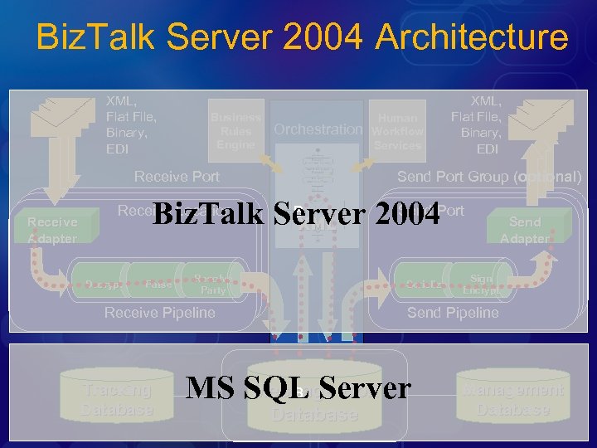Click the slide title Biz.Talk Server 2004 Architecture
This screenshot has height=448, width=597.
(x=303, y=37)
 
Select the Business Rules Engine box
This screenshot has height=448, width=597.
(x=235, y=131)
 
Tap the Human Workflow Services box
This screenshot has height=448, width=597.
(x=397, y=131)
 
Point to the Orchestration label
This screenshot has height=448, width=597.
(x=318, y=129)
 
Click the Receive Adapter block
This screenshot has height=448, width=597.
(x=51, y=230)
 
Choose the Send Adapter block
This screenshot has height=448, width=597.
(x=525, y=230)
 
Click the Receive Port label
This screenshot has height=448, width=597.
(x=177, y=177)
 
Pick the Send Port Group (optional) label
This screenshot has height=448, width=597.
(x=489, y=177)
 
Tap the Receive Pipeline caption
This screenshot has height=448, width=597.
(x=159, y=313)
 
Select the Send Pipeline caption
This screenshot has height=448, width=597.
(x=453, y=313)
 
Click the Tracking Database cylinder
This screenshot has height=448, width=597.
(x=117, y=399)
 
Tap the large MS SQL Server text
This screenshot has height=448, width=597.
(x=298, y=387)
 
